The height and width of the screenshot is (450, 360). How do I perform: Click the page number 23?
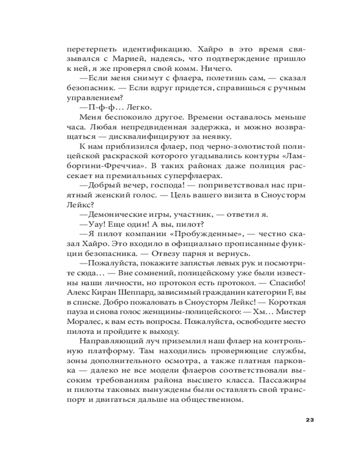point(309,420)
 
